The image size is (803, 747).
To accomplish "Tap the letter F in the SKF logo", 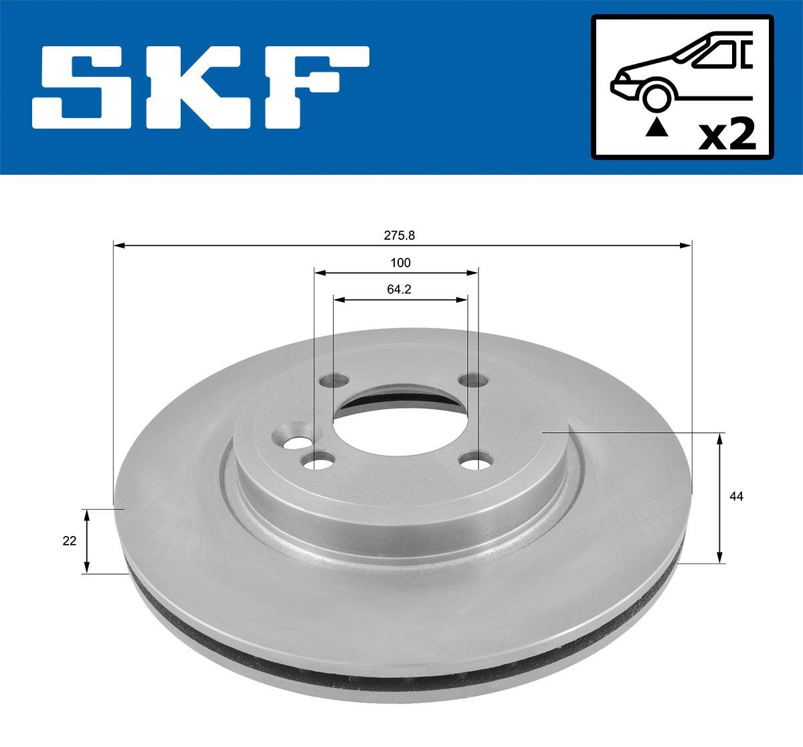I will [308, 87].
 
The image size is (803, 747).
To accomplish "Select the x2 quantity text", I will [727, 136].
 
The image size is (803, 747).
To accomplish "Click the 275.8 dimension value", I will [400, 235].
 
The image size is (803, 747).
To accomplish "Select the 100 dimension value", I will [400, 263].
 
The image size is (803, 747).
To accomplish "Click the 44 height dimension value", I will [737, 496].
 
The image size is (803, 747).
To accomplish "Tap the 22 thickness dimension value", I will [70, 541].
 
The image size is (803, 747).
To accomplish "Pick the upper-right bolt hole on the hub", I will [472, 380].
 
